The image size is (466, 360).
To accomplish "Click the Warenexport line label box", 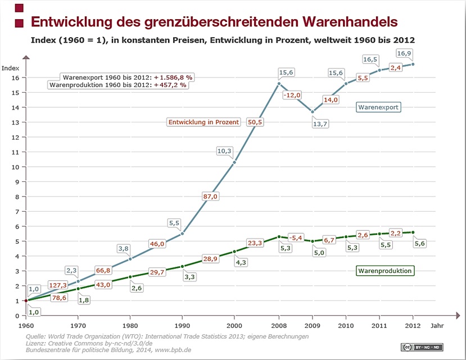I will (x=379, y=107).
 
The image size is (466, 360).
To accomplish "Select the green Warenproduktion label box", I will (x=386, y=271).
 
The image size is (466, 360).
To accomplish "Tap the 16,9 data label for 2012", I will (x=405, y=53).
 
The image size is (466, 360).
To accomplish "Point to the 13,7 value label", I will (x=320, y=124).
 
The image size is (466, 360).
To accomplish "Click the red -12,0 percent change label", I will (x=292, y=95).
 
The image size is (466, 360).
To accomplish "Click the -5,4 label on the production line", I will (x=295, y=238).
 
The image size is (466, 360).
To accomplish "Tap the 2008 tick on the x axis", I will (x=279, y=325).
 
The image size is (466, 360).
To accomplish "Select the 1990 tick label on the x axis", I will (x=182, y=325).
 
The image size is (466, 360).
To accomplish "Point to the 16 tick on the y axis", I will (x=15, y=78).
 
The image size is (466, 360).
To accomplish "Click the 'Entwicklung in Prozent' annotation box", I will (x=203, y=121).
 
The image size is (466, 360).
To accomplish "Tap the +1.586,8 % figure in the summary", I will (x=173, y=77).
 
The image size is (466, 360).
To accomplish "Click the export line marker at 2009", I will (x=313, y=112).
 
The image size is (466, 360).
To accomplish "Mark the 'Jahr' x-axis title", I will (x=437, y=325).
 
